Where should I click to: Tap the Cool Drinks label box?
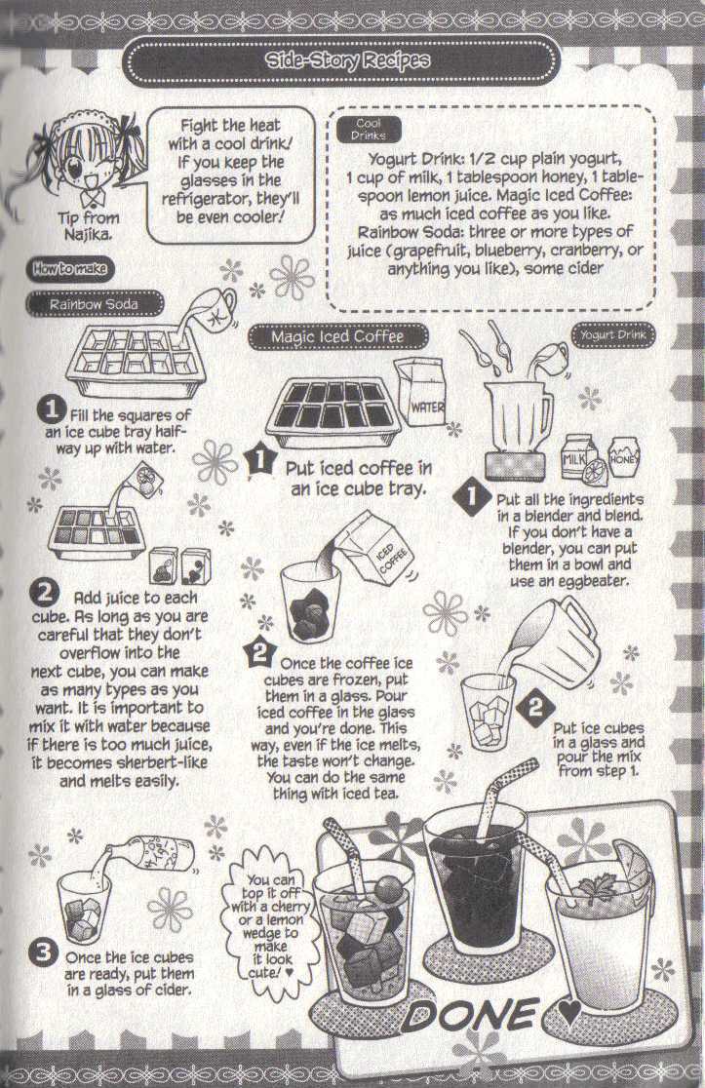pyautogui.click(x=368, y=130)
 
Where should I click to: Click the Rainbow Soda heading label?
pyautogui.click(x=94, y=304)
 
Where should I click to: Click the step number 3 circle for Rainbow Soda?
pyautogui.click(x=43, y=952)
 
